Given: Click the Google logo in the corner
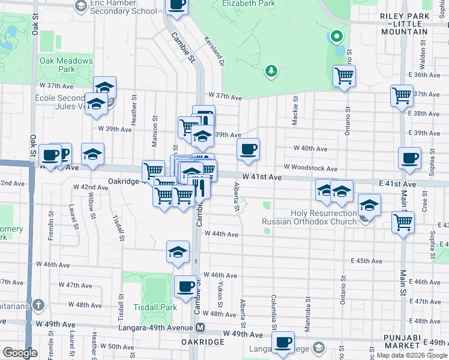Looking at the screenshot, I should coord(20,353).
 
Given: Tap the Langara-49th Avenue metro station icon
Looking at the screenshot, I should coord(200,328).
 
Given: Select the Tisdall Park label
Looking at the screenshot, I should coord(160,307).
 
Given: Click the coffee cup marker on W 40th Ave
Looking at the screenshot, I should coord(248,148).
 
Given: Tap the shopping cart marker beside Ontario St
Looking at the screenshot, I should coord(344,76).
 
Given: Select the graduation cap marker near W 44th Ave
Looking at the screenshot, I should coord(178,252).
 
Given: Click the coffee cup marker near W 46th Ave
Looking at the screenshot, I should coord(186,286).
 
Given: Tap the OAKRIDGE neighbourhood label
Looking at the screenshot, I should coord(203,342).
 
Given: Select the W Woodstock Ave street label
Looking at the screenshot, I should coord(311,168).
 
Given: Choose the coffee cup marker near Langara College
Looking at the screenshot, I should coord(283,343).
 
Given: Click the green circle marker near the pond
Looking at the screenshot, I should coord(337,37).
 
